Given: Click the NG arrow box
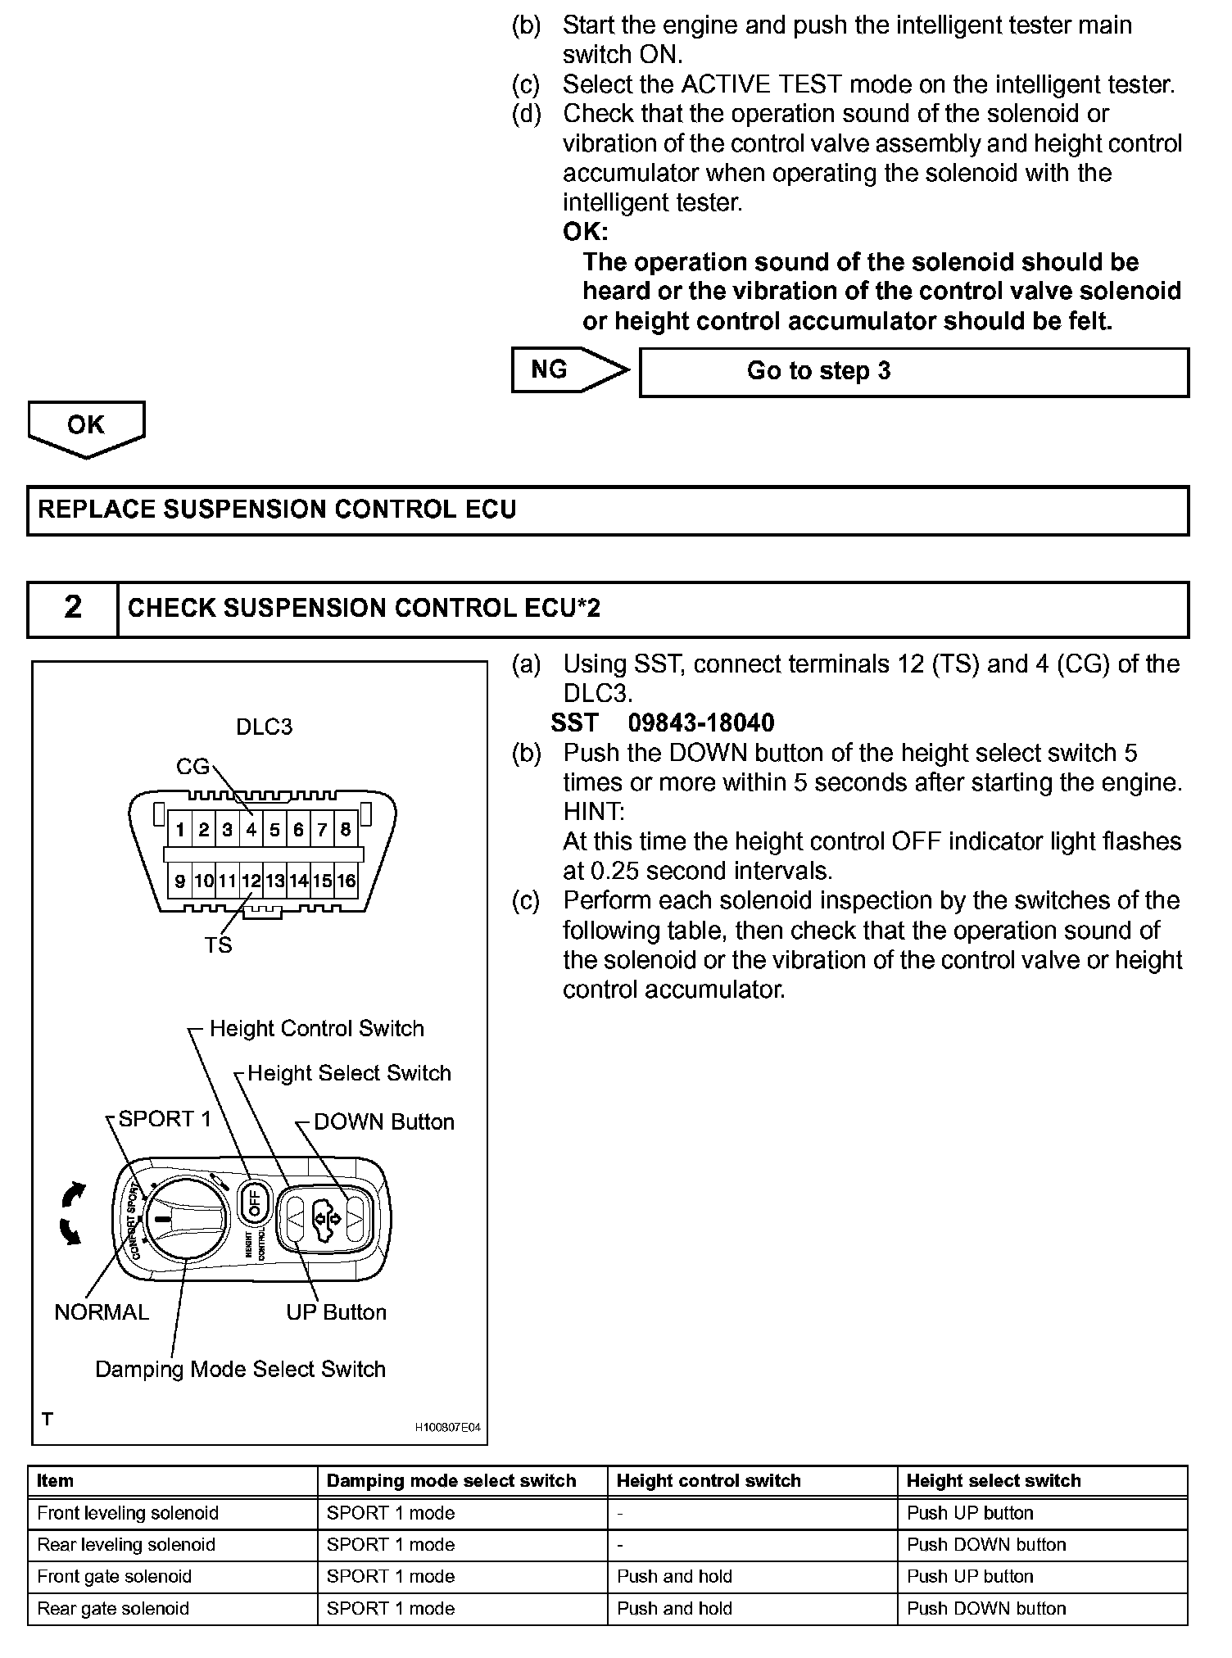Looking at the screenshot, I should tap(565, 370).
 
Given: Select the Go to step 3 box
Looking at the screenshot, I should tap(913, 372).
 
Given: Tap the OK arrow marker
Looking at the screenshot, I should tap(86, 427).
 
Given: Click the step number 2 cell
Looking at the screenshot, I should tap(73, 608).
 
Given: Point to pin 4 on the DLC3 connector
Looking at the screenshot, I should tap(251, 830).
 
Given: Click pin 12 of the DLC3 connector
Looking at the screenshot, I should tap(251, 881).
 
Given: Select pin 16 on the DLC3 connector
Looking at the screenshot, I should tap(346, 881).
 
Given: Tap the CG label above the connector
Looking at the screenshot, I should tap(193, 767).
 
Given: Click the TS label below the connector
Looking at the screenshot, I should tap(218, 945).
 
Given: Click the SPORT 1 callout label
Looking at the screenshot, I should tap(165, 1119).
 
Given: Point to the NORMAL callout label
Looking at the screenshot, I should tap(102, 1312).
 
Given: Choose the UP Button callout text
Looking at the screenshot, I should tap(336, 1312).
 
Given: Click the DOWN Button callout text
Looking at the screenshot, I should tap(383, 1122).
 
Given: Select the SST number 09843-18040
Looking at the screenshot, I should tap(700, 723).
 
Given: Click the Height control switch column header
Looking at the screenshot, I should tap(708, 1481).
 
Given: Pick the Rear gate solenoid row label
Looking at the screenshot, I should tap(113, 1608).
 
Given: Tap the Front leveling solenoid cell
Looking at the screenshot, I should tap(128, 1513).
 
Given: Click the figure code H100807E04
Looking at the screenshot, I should tap(448, 1428).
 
